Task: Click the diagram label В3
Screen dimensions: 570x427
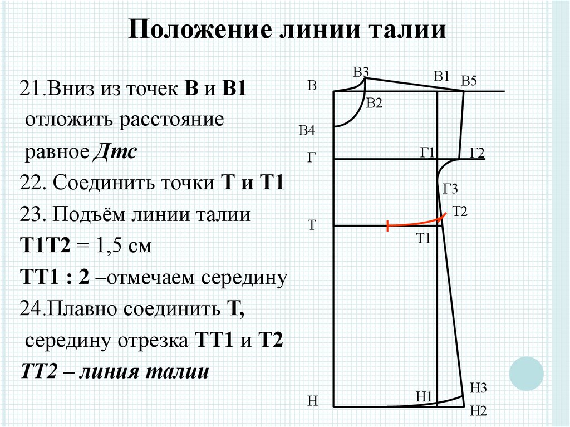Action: coord(361,72)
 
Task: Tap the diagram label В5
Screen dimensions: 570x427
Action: coord(469,81)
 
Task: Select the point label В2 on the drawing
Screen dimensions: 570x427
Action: coord(374,103)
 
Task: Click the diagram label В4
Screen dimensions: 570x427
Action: coord(307,131)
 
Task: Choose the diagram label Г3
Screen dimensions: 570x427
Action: coord(450,190)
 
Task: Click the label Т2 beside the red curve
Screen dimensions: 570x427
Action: coord(460,211)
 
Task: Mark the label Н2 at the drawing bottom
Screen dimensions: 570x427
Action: coord(478,411)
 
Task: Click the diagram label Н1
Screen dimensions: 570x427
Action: coord(424,396)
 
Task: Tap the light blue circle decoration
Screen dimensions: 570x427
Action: coord(526,373)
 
